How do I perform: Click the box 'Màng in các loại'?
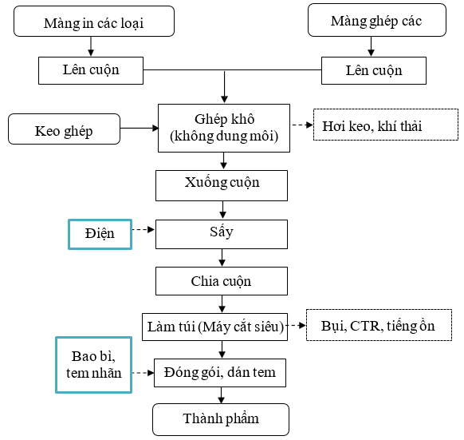pyautogui.click(x=94, y=22)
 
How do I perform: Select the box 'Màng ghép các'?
pyautogui.click(x=377, y=20)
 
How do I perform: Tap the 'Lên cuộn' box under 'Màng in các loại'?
pyautogui.click(x=91, y=70)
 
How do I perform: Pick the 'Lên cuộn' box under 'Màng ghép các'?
pyautogui.click(x=374, y=70)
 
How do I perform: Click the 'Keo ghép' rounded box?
pyautogui.click(x=65, y=129)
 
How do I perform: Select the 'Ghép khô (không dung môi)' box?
pyautogui.click(x=224, y=128)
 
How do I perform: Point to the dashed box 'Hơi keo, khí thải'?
pyautogui.click(x=386, y=125)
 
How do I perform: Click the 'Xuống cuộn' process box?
pyautogui.click(x=222, y=185)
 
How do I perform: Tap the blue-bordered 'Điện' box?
pyautogui.click(x=100, y=234)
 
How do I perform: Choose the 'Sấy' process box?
pyautogui.click(x=222, y=234)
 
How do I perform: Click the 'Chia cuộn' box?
pyautogui.click(x=222, y=281)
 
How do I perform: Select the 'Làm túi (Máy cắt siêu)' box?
pyautogui.click(x=214, y=327)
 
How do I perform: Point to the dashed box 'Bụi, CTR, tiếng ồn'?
pyautogui.click(x=379, y=325)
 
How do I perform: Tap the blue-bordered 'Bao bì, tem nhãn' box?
pyautogui.click(x=93, y=365)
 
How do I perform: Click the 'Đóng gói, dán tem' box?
pyautogui.click(x=220, y=373)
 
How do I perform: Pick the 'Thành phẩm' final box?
pyautogui.click(x=221, y=419)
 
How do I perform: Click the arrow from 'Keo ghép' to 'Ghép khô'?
pyautogui.click(x=140, y=128)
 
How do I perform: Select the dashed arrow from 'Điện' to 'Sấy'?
pyautogui.click(x=144, y=229)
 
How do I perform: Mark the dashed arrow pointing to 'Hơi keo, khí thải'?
pyautogui.click(x=302, y=125)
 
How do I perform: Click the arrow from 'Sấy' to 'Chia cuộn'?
pyautogui.click(x=222, y=258)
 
